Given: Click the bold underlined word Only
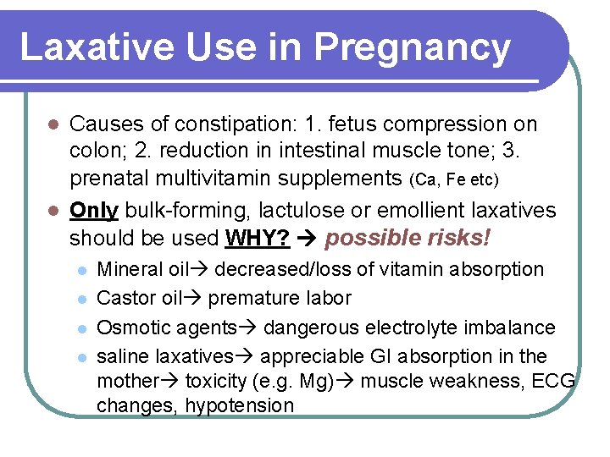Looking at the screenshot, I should coord(95,210).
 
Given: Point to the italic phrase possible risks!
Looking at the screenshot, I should coord(408,238).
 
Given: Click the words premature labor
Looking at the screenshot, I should coord(279,299).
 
